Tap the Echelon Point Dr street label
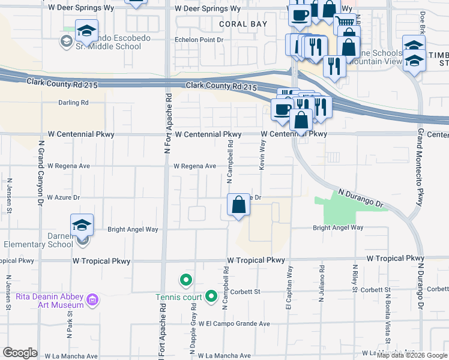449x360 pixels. [199, 40]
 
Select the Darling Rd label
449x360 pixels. [73, 103]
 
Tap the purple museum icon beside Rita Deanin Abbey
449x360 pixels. [92, 299]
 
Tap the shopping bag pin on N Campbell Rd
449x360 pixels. [239, 205]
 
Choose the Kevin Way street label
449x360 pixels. [262, 155]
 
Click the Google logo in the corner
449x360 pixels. [20, 353]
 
